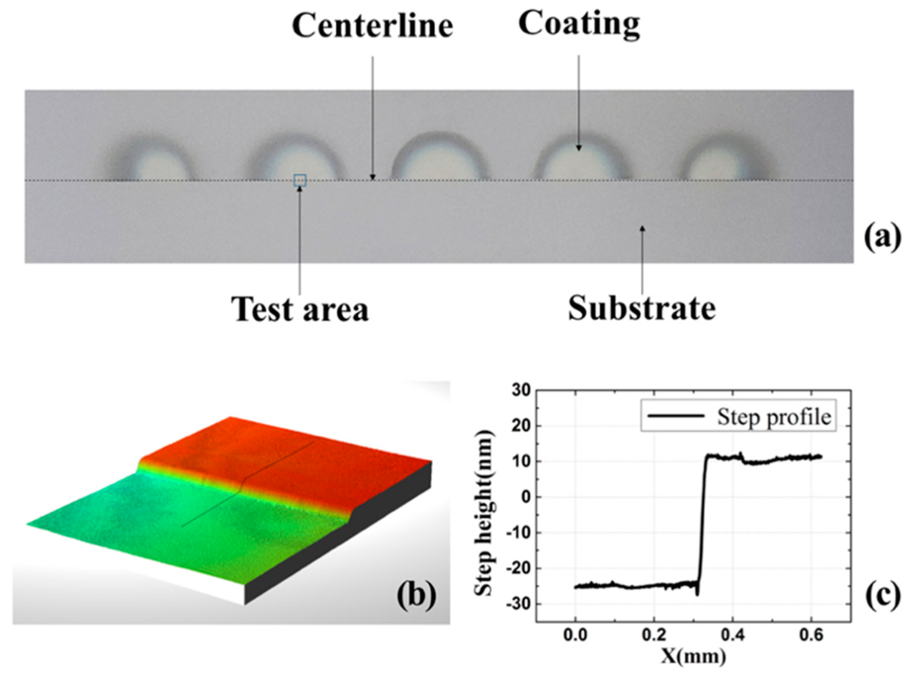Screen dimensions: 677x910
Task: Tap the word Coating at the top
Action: (x=579, y=24)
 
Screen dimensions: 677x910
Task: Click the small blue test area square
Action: (x=300, y=180)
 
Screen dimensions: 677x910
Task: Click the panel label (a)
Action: (x=882, y=238)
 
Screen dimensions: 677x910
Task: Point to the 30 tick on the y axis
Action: (x=521, y=390)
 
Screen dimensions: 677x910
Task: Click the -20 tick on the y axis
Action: (x=519, y=568)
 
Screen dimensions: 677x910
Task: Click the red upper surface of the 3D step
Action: (x=288, y=452)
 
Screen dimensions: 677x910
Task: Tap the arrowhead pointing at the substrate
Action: (x=642, y=228)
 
